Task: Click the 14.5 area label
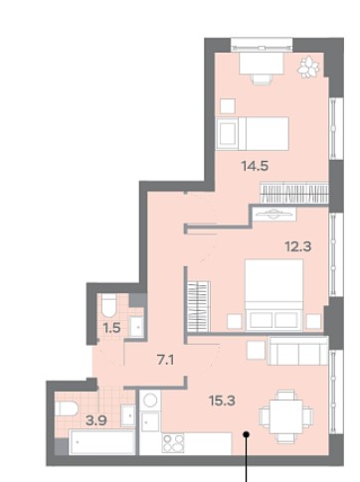[x=255, y=166]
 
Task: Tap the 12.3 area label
[x=298, y=246]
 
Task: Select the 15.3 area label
[x=222, y=401]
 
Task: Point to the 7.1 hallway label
[x=165, y=360]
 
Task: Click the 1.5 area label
[x=111, y=328]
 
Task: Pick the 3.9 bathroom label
[x=96, y=420]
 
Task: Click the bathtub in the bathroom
[x=102, y=442]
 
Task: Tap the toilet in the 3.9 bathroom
[x=67, y=408]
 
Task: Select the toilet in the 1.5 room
[x=108, y=305]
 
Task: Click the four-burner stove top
[x=173, y=443]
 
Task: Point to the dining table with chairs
[x=286, y=416]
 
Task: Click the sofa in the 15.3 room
[x=297, y=351]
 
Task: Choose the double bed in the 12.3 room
[x=273, y=295]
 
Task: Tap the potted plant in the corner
[x=308, y=67]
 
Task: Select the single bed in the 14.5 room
[x=253, y=133]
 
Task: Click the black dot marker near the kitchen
[x=246, y=434]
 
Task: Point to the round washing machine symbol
[x=150, y=401]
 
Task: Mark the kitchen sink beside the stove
[x=150, y=422]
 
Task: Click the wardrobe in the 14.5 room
[x=294, y=193]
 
